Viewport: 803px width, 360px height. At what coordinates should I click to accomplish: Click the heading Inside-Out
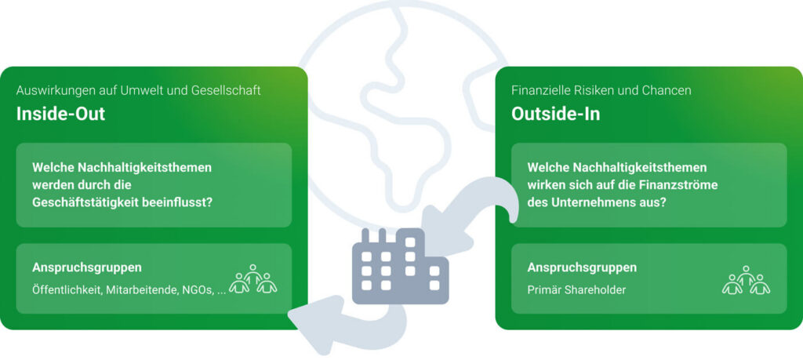(x=61, y=115)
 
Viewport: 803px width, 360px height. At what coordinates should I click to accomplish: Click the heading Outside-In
(x=556, y=115)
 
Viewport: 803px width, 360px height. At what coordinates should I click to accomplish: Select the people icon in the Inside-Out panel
(x=253, y=280)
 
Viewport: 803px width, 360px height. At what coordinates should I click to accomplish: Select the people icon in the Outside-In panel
(x=746, y=281)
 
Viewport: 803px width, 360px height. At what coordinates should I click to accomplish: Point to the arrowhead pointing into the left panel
(x=303, y=314)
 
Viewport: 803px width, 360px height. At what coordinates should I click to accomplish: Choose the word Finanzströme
(x=681, y=185)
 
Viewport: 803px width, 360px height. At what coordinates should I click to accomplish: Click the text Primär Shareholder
(x=576, y=290)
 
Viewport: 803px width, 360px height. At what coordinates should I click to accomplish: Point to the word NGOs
(x=195, y=290)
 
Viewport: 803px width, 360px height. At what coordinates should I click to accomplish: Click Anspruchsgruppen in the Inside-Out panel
(x=87, y=267)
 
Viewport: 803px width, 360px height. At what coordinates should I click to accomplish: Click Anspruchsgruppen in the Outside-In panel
(x=582, y=267)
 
